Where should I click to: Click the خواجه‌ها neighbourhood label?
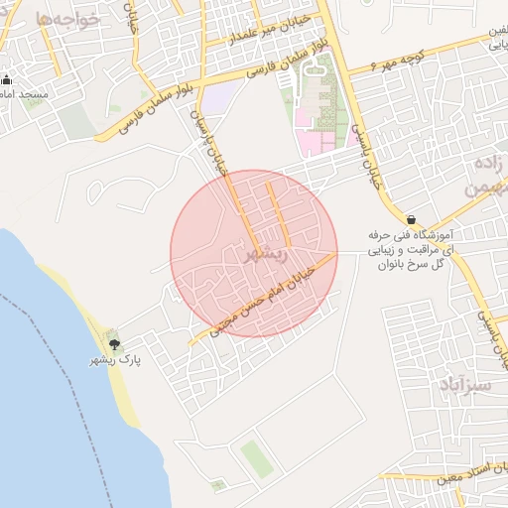[x=66, y=19]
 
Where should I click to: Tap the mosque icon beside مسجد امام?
[x=6, y=79]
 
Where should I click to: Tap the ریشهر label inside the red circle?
[x=266, y=255]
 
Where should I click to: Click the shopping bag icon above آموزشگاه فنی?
[x=411, y=219]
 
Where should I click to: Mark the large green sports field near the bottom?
[x=255, y=457]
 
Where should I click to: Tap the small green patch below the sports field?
[x=217, y=486]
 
